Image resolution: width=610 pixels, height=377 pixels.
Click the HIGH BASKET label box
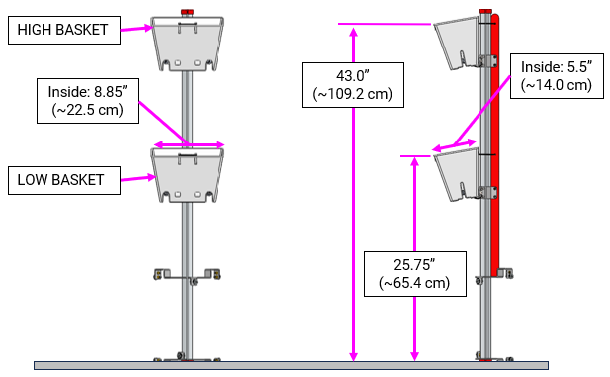click(x=61, y=31)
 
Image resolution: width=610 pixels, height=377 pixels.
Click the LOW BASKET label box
click(x=60, y=180)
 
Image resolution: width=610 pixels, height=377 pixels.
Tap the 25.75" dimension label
click(x=414, y=272)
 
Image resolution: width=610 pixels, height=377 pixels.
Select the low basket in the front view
click(x=188, y=175)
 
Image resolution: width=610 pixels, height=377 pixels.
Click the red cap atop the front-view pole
click(x=188, y=12)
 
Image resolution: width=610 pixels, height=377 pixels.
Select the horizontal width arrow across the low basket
click(x=188, y=145)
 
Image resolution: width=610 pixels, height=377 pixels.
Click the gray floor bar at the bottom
click(x=297, y=365)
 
